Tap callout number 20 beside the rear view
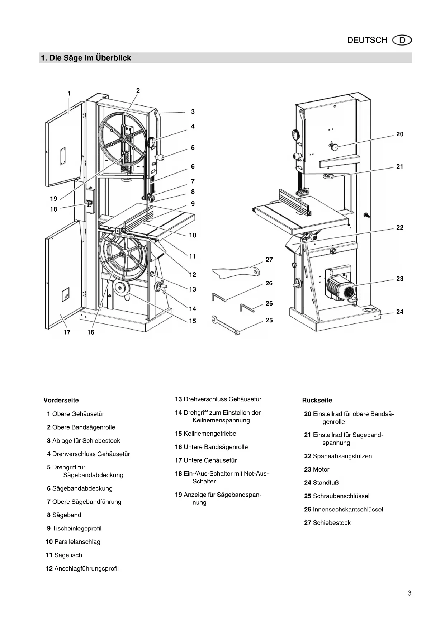(x=399, y=134)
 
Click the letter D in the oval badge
(x=402, y=40)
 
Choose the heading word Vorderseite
(x=61, y=400)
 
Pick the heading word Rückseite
(x=317, y=400)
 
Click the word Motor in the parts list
(x=321, y=469)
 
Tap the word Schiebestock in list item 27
(x=332, y=523)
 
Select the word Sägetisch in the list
(x=68, y=555)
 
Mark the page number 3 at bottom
(x=409, y=593)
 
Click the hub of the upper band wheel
(x=123, y=139)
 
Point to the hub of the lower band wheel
(x=123, y=254)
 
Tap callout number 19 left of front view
(x=53, y=199)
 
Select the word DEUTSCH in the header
(x=367, y=40)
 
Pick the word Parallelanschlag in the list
(x=77, y=542)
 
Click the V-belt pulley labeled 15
(x=119, y=288)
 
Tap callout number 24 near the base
(x=399, y=312)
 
